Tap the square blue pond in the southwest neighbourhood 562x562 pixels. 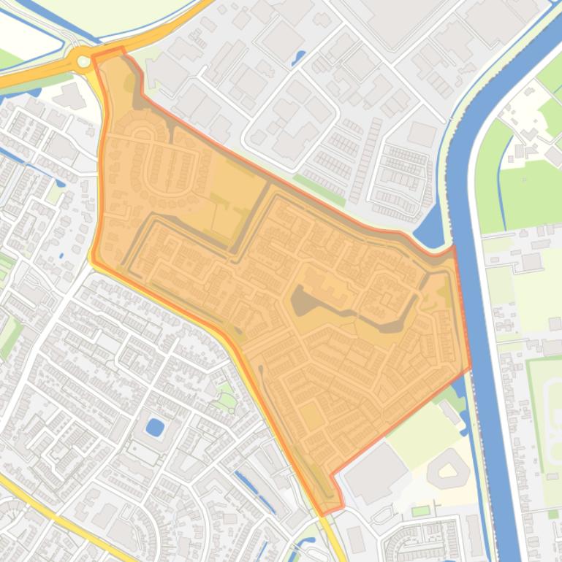(x=155, y=427)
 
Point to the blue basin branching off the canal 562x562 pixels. (x=430, y=226)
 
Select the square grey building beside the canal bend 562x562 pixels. (x=422, y=134)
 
